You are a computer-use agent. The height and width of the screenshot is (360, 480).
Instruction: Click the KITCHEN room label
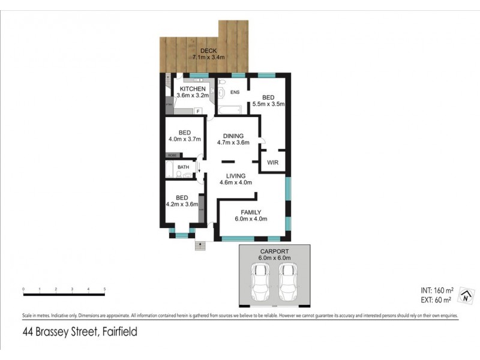pos(193,89)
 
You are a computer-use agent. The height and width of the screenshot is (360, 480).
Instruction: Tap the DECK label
pos(209,51)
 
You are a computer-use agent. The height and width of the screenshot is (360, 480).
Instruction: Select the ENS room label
pos(235,92)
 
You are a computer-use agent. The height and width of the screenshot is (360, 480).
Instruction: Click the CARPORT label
pos(275,251)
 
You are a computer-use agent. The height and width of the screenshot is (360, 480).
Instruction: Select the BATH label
pos(183,167)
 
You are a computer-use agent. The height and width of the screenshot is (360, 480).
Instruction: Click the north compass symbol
pos(464,296)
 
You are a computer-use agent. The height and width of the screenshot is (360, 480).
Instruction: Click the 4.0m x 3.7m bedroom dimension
pos(184,139)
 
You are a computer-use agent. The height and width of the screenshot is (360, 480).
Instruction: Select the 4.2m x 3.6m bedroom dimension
pos(182,204)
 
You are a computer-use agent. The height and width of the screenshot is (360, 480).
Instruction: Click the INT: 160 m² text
pos(437,289)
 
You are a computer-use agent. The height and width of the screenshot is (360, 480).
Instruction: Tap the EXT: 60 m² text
pos(437,299)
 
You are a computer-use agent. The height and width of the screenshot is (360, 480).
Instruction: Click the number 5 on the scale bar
pos(104,289)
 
